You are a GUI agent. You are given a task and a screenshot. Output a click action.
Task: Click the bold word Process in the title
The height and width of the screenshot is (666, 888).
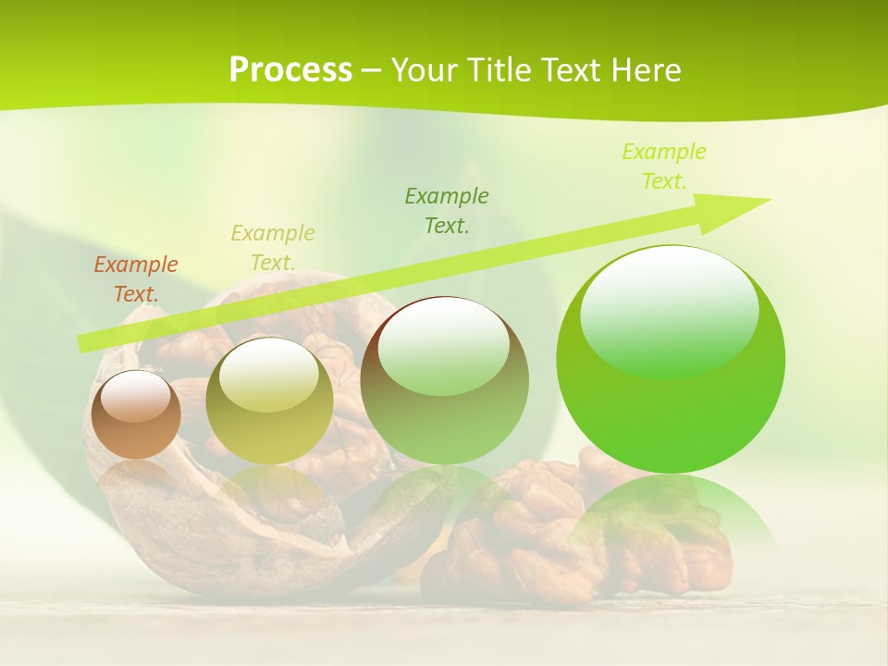290,70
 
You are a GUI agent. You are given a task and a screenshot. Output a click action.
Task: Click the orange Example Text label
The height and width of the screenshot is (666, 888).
136,279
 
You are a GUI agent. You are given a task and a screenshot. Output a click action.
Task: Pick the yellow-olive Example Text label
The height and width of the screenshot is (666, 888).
273,247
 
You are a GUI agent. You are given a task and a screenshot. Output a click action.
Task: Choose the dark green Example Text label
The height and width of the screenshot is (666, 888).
447,210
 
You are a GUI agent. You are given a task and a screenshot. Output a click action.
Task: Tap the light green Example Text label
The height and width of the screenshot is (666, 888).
664,166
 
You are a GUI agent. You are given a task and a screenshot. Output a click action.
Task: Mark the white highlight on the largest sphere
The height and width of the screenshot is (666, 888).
670,311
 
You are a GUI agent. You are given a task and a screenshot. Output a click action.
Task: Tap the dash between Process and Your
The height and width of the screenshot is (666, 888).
372,70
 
